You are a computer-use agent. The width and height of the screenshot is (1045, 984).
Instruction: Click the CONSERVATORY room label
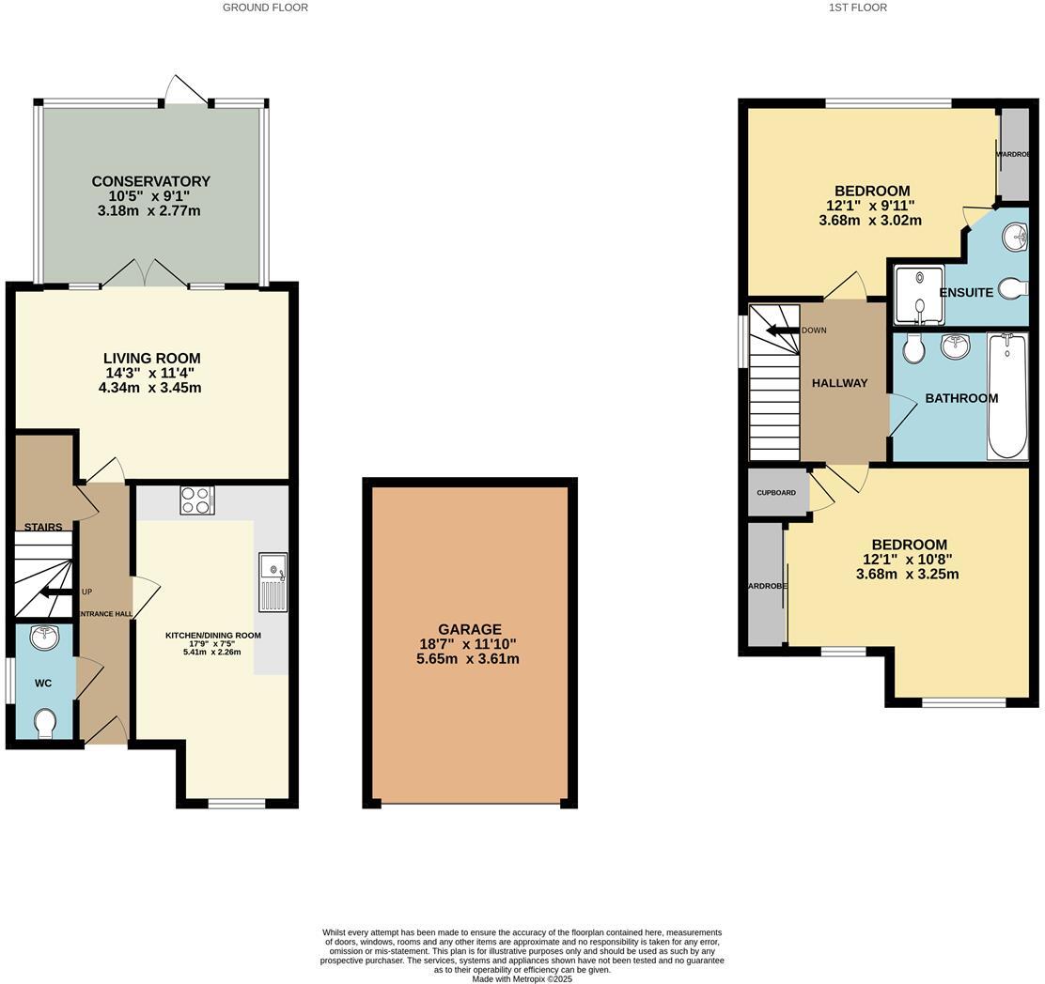pyautogui.click(x=150, y=181)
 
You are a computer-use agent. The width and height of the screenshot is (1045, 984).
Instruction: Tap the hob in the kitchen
pyautogui.click(x=197, y=500)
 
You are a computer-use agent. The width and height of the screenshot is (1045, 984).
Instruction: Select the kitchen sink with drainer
pyautogui.click(x=273, y=582)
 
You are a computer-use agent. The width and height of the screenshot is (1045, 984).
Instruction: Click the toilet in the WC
pyautogui.click(x=44, y=723)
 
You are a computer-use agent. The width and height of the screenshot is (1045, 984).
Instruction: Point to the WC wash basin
pyautogui.click(x=43, y=638)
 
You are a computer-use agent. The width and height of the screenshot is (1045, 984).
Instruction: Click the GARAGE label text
pyautogui.click(x=469, y=629)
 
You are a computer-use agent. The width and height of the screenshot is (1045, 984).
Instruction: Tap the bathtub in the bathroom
pyautogui.click(x=1007, y=396)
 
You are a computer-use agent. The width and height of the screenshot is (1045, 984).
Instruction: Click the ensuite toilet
pyautogui.click(x=1012, y=288)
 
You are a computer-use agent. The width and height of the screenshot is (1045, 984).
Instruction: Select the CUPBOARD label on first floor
pyautogui.click(x=776, y=493)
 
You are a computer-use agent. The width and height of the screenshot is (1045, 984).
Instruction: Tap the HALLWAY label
pyautogui.click(x=839, y=383)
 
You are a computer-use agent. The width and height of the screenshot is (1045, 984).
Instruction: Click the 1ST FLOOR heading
pyautogui.click(x=857, y=8)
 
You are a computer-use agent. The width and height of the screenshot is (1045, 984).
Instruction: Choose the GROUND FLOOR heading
pyautogui.click(x=265, y=8)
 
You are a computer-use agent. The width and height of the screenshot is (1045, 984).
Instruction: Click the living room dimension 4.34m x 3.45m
pyautogui.click(x=149, y=388)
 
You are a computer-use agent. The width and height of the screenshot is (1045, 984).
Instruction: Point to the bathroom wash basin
pyautogui.click(x=955, y=346)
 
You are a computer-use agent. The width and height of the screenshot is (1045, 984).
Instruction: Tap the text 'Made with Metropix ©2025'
pyautogui.click(x=522, y=978)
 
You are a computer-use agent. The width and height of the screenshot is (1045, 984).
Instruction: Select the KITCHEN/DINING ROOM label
pyautogui.click(x=213, y=636)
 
